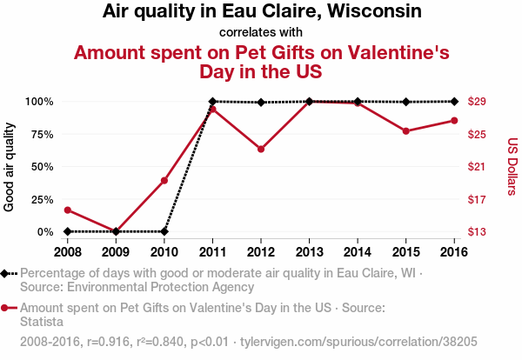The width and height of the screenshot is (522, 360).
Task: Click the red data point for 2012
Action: [x=261, y=149]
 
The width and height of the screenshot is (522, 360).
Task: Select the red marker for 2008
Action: [x=68, y=210]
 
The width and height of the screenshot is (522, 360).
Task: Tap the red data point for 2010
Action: [x=164, y=180]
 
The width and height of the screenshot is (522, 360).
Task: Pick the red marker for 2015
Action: [x=406, y=131]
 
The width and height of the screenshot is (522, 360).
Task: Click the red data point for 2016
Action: [x=454, y=121]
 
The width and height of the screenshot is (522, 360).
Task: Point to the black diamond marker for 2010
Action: [x=164, y=231]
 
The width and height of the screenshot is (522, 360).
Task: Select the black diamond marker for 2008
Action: [x=68, y=231]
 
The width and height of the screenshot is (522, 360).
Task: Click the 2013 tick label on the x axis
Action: [x=309, y=251]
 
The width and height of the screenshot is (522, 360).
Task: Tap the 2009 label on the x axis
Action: [x=116, y=251]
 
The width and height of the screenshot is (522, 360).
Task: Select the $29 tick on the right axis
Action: [x=477, y=102]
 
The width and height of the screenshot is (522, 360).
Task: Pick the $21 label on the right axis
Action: [x=477, y=167]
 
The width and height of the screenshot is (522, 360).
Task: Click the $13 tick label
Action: [x=477, y=232]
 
